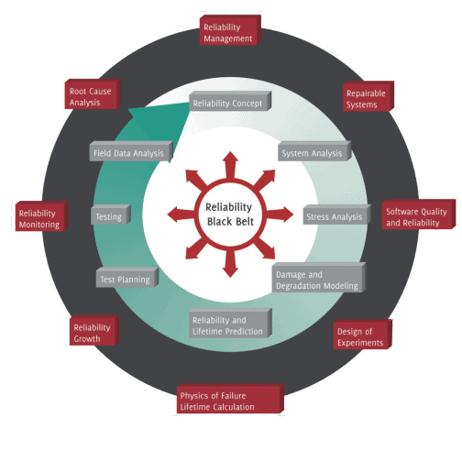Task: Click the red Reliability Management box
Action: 229,34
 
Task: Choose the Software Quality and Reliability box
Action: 416,216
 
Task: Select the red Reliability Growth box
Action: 95,333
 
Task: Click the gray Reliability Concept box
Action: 229,104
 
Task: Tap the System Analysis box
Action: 313,153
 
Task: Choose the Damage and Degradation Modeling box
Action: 317,280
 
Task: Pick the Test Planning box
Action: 127,277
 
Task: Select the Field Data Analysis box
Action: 130,153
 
